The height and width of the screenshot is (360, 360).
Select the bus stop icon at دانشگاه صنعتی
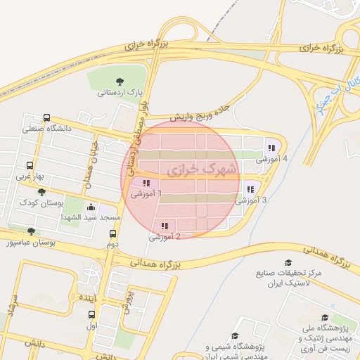point(47,118)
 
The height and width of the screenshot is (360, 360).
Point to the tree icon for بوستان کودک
point(41,192)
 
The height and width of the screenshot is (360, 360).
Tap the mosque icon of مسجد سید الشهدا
point(91,207)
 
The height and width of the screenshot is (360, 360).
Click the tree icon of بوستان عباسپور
point(30,231)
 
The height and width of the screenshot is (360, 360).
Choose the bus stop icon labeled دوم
point(112,233)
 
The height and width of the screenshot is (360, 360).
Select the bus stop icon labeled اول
point(91,314)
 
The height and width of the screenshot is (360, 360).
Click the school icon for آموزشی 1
point(146,184)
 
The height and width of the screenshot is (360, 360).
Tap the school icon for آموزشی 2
point(165,226)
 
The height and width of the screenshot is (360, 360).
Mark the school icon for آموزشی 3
point(250,189)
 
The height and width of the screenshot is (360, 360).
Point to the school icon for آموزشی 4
point(271,148)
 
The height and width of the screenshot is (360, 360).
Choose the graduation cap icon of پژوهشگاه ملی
point(324,318)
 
